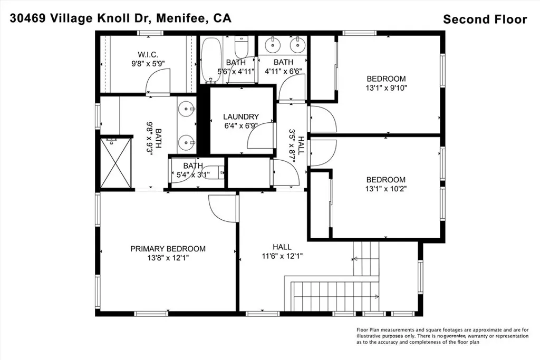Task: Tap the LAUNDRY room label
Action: click(240, 116)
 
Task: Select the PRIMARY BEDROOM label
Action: click(168, 249)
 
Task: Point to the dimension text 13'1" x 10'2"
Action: click(386, 188)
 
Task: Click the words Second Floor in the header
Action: click(485, 20)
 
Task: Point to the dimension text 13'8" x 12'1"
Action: click(168, 258)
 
